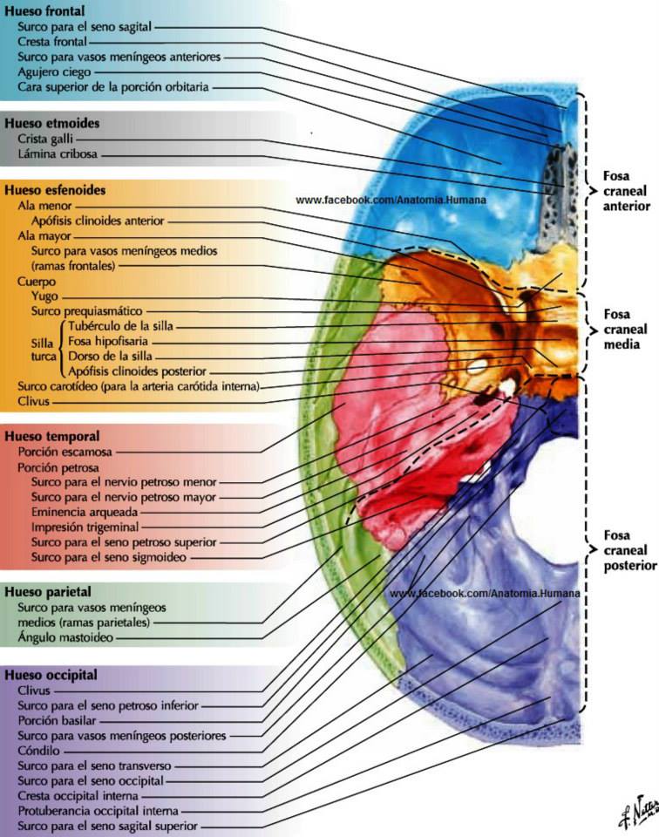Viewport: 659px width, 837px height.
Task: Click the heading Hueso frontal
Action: (44, 10)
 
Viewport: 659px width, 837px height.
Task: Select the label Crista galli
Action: (45, 139)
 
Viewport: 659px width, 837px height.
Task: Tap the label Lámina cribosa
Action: (58, 154)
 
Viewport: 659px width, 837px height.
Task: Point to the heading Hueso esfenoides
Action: (55, 190)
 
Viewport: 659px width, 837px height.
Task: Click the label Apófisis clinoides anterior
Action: (98, 221)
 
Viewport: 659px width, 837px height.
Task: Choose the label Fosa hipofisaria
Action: (108, 341)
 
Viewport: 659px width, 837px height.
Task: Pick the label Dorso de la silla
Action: (110, 356)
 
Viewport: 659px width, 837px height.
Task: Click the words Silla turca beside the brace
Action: (44, 349)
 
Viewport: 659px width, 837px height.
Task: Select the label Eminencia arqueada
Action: (85, 512)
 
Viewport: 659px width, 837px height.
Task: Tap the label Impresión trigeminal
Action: (85, 527)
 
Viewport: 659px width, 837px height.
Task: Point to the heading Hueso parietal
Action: (47, 592)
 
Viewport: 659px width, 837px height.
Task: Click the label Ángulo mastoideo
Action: (65, 637)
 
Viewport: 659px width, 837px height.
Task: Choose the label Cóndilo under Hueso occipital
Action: (38, 751)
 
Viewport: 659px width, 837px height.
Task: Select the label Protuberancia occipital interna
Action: (99, 811)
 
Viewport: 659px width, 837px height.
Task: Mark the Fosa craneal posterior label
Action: (630, 550)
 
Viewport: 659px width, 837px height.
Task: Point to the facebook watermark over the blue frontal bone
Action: (391, 201)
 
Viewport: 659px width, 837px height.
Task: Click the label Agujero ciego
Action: (54, 72)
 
